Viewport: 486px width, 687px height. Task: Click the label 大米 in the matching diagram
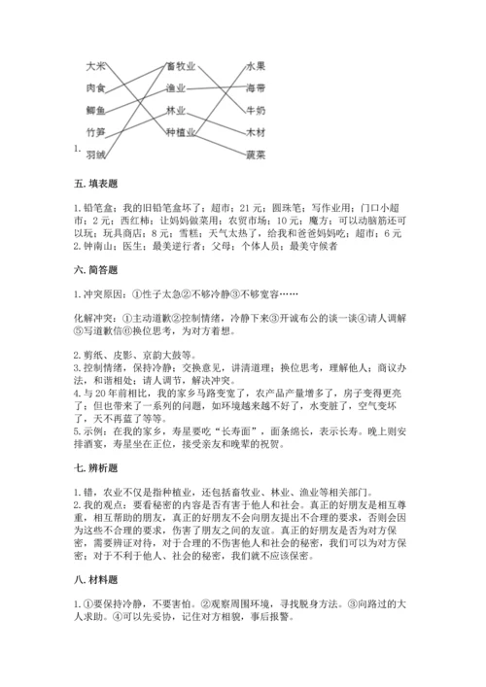(96, 66)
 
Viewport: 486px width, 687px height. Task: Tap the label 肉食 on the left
(96, 87)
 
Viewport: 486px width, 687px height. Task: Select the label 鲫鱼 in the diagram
(96, 109)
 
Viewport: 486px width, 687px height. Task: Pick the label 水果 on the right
(256, 66)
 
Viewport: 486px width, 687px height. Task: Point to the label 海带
(256, 87)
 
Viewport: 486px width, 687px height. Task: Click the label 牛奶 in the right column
(256, 109)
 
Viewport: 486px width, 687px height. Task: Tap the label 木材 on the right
(256, 131)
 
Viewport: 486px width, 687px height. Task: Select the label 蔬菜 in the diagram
(256, 154)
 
